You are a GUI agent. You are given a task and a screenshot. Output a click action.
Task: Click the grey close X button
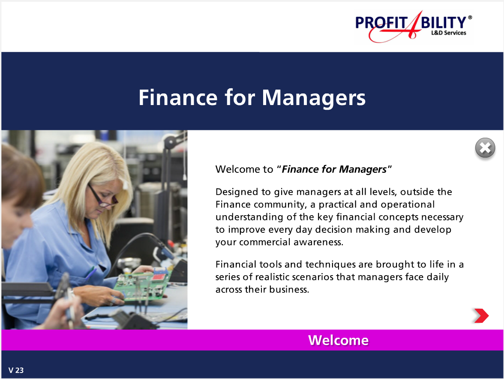pos(485,148)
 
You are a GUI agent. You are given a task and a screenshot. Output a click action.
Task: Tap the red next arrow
pos(481,316)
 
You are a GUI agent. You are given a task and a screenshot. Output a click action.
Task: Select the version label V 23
pos(16,370)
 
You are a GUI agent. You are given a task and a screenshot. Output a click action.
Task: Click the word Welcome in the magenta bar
pos(338,340)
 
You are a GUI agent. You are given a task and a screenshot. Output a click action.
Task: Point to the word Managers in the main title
pos(314,98)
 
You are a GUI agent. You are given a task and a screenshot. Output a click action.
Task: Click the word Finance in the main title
pos(178,98)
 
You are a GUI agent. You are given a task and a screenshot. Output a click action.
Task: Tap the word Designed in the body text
pos(236,192)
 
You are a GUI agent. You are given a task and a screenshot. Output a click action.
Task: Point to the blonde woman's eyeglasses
pos(102,195)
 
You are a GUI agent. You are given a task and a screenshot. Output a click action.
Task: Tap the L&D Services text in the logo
pos(448,33)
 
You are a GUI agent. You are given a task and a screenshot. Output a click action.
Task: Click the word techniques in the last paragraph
pos(329,265)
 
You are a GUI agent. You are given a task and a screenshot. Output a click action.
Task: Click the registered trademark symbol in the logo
pos(470,18)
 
